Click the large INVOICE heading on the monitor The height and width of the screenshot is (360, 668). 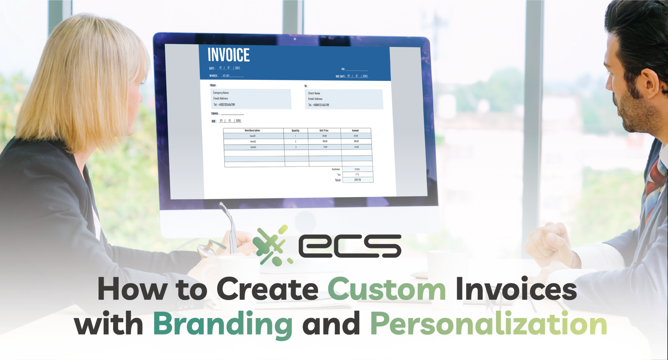pos(229,55)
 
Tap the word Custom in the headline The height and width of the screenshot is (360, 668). pos(387,290)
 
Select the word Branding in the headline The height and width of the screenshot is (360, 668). pos(223,324)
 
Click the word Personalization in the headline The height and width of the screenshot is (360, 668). pos(488,324)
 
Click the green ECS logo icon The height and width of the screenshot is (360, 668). pos(273,245)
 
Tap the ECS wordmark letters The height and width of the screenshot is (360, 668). pos(350,245)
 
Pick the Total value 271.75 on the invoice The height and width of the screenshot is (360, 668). pos(357,180)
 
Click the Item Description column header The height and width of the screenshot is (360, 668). pos(252,131)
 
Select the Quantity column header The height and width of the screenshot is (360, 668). pos(296,131)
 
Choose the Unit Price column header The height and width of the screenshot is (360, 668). pos(324,131)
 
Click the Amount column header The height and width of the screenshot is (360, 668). pos(355,131)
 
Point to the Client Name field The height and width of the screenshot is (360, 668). pos(314,93)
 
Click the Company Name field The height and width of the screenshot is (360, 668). pos(221,93)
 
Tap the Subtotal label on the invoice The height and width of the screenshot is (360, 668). pos(336,169)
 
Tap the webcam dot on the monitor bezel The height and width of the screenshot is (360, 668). pos(295,39)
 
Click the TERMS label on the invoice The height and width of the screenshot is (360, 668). pos(215,114)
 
